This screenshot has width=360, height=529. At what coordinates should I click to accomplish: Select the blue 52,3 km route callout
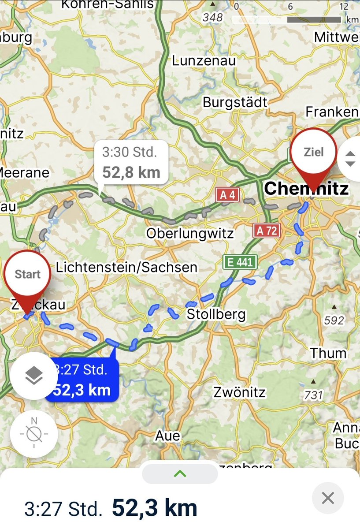82,380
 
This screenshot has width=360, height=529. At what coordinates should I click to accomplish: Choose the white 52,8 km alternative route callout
131,162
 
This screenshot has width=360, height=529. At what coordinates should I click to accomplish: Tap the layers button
34,376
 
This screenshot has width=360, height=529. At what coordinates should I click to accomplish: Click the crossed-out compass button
34,434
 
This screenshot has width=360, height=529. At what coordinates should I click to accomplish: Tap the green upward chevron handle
180,474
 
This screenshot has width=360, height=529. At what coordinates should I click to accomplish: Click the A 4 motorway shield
227,195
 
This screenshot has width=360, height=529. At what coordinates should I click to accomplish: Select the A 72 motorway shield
267,230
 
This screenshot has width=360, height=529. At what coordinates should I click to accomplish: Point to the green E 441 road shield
240,262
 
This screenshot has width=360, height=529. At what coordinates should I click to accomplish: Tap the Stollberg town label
216,314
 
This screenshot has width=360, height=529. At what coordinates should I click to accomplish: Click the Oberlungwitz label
190,233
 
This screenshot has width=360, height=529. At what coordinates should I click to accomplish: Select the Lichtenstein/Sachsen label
127,267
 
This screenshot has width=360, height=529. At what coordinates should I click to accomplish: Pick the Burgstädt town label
235,102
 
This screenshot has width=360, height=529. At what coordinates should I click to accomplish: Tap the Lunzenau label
204,60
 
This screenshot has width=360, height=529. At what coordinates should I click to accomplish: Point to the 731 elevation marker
313,395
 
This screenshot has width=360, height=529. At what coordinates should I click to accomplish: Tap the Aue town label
167,436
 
